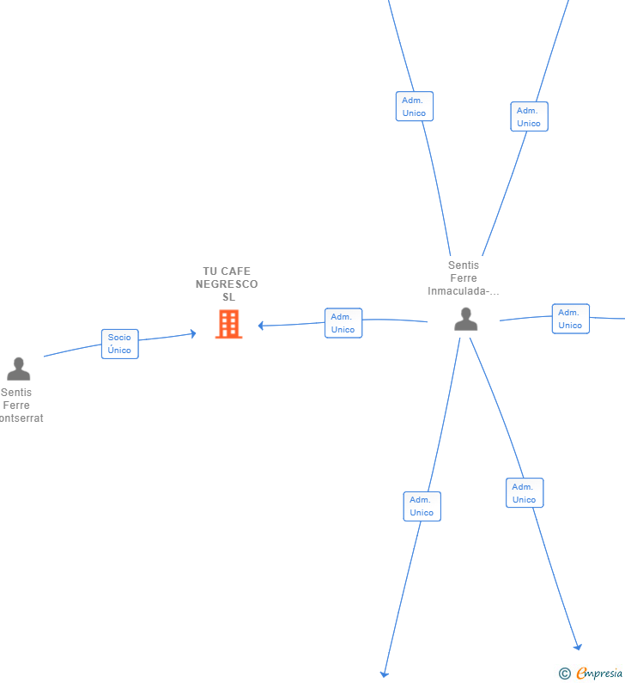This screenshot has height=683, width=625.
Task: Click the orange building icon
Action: point(228,324)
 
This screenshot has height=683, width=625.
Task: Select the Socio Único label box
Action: point(119,344)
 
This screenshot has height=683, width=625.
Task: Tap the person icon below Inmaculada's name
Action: point(465,320)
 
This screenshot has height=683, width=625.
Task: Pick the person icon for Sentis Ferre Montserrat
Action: point(18,369)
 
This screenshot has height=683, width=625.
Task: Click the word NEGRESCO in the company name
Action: point(227,284)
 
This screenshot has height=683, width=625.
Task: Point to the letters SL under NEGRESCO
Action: point(229,297)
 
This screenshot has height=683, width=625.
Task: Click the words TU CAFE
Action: point(227,271)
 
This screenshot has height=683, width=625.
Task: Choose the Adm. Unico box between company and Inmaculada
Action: point(343,323)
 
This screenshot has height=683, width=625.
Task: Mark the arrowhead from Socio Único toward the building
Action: point(193,333)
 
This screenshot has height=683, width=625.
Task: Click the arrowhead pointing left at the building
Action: point(261,326)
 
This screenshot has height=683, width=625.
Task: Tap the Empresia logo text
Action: point(599,673)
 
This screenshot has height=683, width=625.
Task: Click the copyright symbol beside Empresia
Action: point(565,674)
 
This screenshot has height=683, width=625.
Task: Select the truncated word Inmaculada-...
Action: point(463,291)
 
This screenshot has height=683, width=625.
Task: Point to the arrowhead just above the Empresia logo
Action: point(578,647)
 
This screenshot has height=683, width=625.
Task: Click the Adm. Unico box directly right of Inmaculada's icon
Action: point(571,319)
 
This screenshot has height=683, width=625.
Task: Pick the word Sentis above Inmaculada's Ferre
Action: point(464,265)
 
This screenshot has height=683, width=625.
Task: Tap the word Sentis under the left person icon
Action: point(16,393)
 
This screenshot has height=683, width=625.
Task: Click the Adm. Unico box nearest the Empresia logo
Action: point(525,492)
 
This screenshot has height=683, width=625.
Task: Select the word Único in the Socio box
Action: point(119,350)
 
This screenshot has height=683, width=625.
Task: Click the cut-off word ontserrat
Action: point(21,418)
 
